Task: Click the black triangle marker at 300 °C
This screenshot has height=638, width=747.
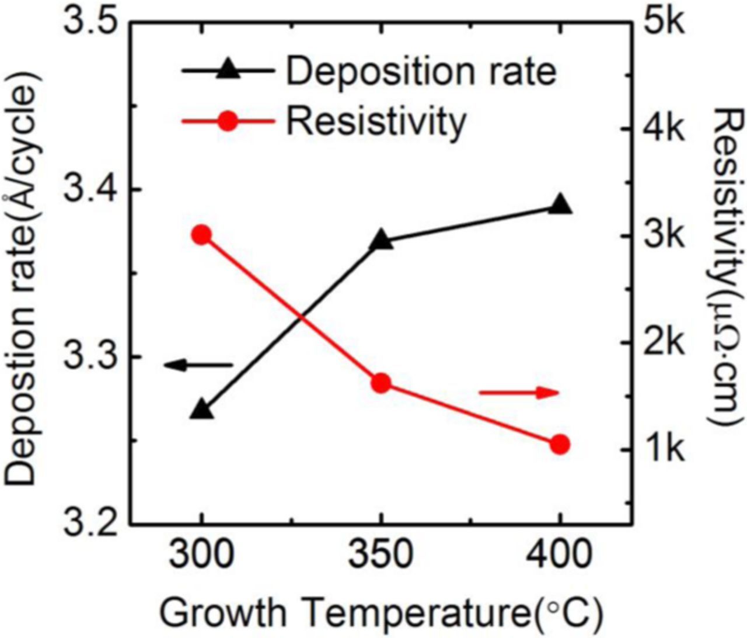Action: (202, 410)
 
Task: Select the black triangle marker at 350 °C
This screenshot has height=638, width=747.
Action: (381, 241)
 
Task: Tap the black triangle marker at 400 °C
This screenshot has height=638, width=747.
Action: (560, 205)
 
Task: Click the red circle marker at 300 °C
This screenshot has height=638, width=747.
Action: (202, 235)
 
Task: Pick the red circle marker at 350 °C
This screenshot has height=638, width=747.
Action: (381, 383)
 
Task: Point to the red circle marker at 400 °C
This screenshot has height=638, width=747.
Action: (560, 445)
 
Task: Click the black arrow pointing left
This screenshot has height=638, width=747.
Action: (198, 366)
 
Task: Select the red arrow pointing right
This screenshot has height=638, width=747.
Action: (519, 393)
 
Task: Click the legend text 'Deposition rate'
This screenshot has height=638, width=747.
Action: (421, 72)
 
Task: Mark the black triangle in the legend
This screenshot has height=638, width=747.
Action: (228, 71)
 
